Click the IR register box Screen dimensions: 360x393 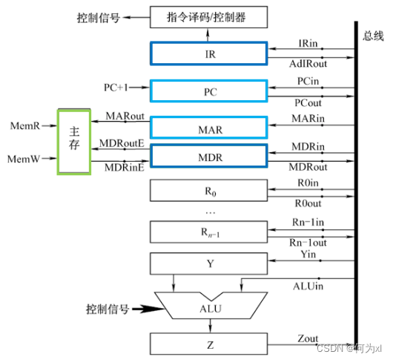[208, 54]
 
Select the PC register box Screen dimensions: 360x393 [208, 91]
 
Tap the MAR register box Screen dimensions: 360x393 [208, 128]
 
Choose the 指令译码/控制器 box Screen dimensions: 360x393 [208, 17]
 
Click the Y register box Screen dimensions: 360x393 [208, 263]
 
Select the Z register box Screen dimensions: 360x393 [208, 344]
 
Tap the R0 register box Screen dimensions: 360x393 [208, 191]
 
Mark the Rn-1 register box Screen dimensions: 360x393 [208, 232]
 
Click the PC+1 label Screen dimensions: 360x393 [115, 88]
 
